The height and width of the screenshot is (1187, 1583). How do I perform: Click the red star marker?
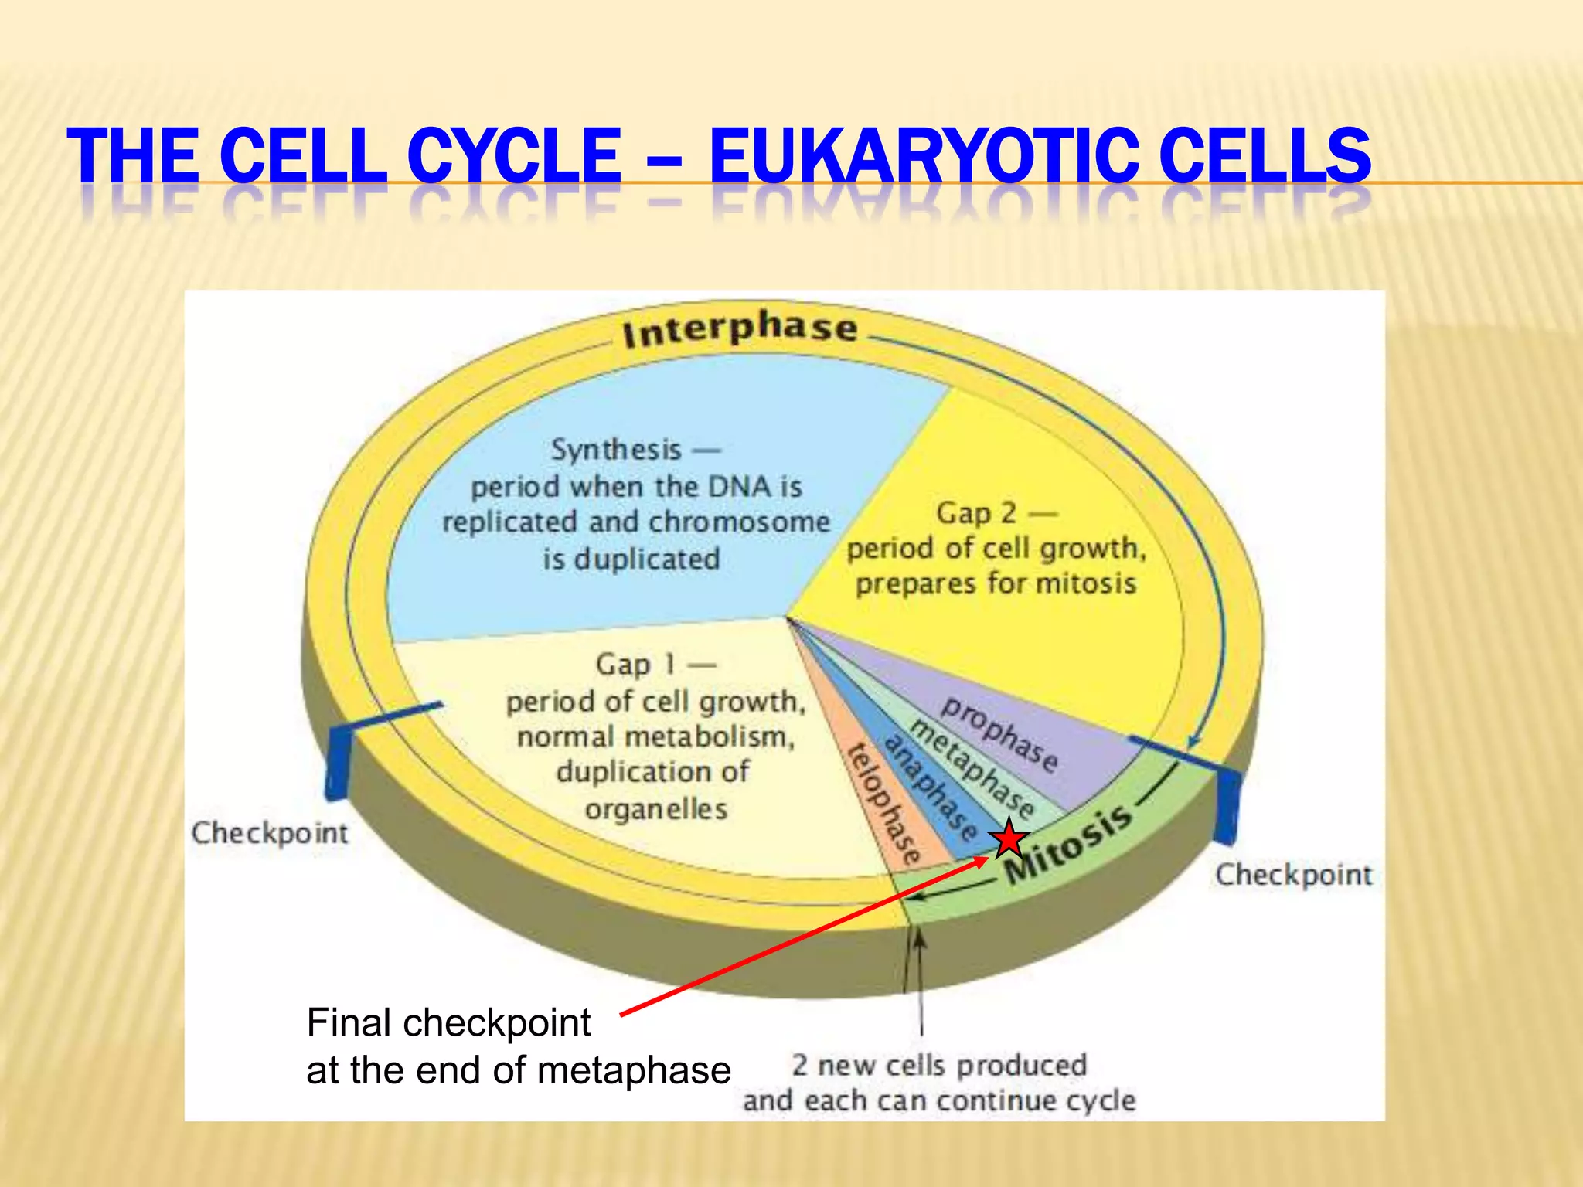pos(1009,839)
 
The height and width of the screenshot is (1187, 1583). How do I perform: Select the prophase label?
pos(999,733)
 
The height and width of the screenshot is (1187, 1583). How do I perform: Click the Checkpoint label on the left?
pos(270,833)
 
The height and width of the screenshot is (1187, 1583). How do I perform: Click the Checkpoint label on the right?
pos(1294,875)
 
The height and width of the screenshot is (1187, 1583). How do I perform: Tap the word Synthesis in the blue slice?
pos(616,449)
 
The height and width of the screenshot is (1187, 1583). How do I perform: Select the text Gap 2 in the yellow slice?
pos(976,512)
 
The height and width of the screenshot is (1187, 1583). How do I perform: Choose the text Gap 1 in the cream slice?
pos(635,664)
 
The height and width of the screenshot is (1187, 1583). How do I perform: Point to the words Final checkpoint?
pos(448,1022)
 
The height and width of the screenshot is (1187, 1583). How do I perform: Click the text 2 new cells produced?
pos(939,1065)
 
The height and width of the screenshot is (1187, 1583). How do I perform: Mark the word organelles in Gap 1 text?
pos(656,809)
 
